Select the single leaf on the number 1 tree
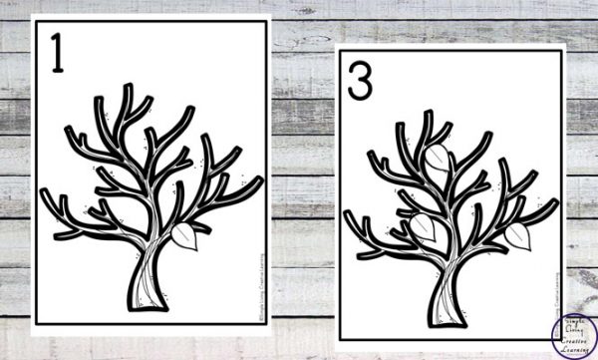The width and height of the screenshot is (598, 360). [185, 236]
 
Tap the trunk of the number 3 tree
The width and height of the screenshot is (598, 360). [445, 285]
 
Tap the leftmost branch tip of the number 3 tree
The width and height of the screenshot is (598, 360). [350, 217]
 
